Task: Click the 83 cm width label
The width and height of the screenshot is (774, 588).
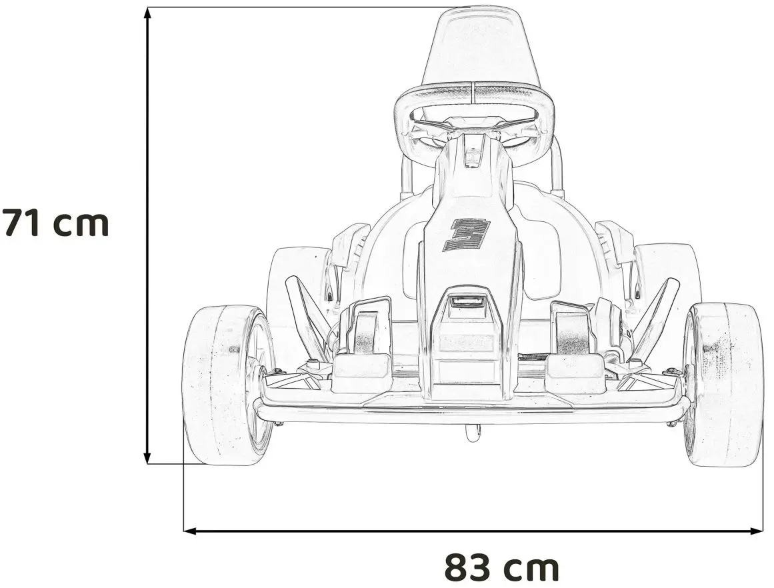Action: [x=501, y=567]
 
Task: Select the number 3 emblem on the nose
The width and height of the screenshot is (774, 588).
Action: [x=466, y=235]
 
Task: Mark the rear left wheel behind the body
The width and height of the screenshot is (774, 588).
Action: [x=293, y=280]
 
